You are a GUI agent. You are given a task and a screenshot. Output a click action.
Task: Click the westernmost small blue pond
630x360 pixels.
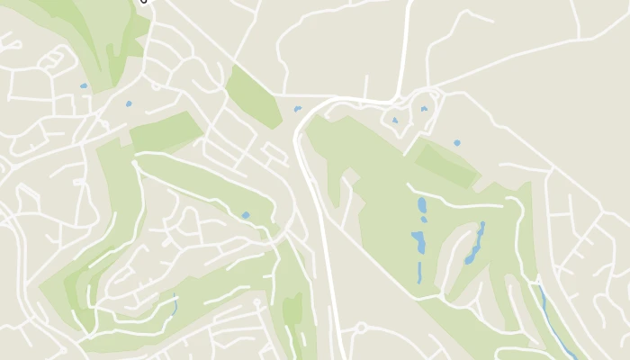(84, 86)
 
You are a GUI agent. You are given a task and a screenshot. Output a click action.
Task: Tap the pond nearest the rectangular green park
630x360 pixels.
(129, 103)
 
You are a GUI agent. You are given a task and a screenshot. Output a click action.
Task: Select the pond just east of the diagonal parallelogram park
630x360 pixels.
(297, 109)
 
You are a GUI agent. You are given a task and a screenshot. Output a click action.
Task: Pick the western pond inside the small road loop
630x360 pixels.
(394, 120)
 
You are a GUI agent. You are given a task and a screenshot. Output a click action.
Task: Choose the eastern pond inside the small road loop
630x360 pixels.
(424, 109)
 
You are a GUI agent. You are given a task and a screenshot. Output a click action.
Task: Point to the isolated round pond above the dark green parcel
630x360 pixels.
(457, 142)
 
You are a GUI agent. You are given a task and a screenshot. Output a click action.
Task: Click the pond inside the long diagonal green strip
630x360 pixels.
(245, 215)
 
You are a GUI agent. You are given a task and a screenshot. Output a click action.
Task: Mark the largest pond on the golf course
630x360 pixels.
(418, 241)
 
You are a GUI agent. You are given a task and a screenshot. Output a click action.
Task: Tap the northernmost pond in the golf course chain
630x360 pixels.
(422, 205)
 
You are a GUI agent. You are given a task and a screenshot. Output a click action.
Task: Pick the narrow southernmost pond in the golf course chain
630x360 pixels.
(418, 272)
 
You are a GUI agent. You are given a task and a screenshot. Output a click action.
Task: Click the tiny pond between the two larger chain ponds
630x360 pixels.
(424, 220)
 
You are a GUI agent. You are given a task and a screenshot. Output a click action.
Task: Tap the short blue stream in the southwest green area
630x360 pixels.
(174, 303)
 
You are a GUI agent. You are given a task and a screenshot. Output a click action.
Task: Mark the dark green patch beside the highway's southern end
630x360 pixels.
(292, 310)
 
